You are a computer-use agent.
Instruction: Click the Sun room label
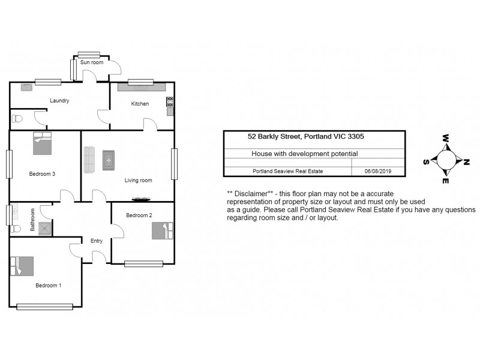[x=92, y=62]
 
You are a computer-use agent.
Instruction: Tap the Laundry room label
[x=59, y=101]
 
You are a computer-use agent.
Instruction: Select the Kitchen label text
[x=140, y=104]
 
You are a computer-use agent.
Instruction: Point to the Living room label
[x=138, y=180]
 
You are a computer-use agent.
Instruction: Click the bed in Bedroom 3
[x=43, y=143]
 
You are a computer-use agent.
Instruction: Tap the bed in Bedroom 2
[x=161, y=231]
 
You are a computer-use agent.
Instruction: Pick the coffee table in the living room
[x=109, y=160]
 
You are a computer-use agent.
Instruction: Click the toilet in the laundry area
[x=17, y=118]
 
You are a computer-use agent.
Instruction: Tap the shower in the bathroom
[x=45, y=228]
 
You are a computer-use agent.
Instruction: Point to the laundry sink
[x=27, y=87]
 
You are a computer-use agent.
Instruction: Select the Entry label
[x=96, y=241]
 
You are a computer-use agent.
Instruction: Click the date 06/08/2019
[x=377, y=171]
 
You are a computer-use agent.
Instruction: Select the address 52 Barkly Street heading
[x=305, y=137]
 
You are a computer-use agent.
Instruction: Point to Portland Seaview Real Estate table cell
[x=287, y=171]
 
